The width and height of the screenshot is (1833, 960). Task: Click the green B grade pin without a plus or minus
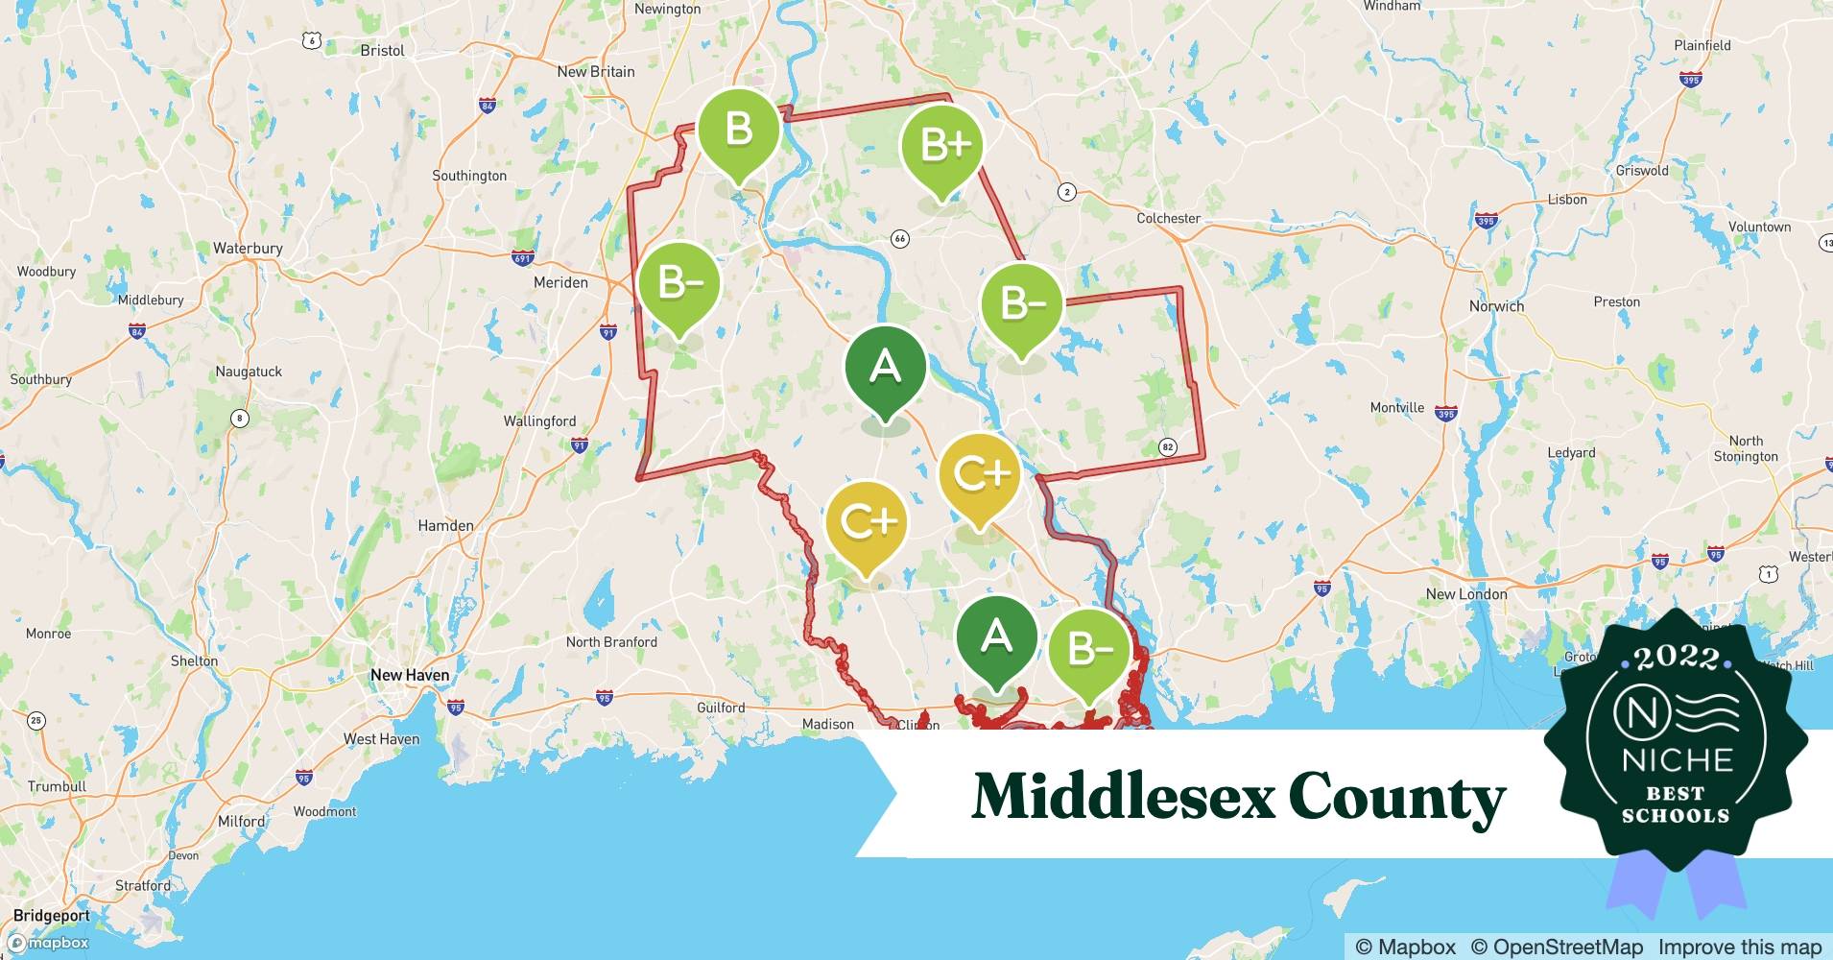(x=738, y=130)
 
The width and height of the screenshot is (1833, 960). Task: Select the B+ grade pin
(x=942, y=146)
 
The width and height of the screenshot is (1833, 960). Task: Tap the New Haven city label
(x=410, y=675)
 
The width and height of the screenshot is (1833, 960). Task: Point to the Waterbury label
(x=248, y=248)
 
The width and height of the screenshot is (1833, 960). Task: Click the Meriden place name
(x=560, y=282)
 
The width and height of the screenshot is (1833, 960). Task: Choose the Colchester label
(x=1168, y=218)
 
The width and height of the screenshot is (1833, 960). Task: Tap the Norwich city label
(x=1496, y=306)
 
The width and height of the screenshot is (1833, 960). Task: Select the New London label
(x=1465, y=594)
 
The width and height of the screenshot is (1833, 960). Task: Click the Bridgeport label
(x=52, y=915)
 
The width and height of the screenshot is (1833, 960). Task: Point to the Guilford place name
(x=721, y=708)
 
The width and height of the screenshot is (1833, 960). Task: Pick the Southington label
(x=469, y=176)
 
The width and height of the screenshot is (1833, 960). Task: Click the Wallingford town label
(x=539, y=420)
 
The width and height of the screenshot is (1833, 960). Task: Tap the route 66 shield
(x=899, y=238)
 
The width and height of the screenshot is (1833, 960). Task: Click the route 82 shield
(x=1167, y=446)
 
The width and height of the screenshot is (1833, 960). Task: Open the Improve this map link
(x=1739, y=947)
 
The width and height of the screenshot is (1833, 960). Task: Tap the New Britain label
(x=595, y=71)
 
